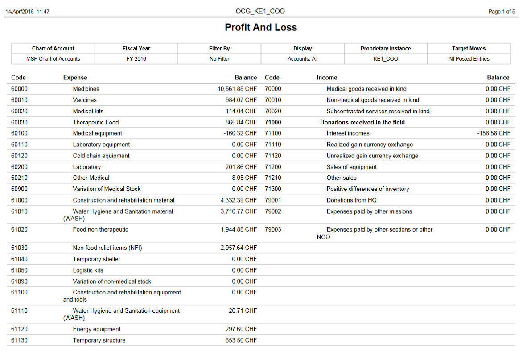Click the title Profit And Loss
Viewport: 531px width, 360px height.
click(x=261, y=28)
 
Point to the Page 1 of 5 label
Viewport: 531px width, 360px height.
click(x=502, y=12)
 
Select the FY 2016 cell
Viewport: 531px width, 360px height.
click(x=136, y=59)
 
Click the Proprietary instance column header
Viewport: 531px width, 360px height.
click(x=386, y=49)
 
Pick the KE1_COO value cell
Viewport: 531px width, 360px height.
click(x=386, y=59)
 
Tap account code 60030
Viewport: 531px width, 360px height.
click(x=19, y=122)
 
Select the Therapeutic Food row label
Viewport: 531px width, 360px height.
click(x=96, y=122)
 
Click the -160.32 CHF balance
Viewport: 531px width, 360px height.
click(x=240, y=133)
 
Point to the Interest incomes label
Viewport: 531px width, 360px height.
click(x=348, y=133)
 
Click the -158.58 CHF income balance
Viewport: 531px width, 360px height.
click(x=494, y=133)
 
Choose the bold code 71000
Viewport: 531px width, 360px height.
click(x=273, y=122)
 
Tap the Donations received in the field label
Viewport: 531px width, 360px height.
click(x=362, y=122)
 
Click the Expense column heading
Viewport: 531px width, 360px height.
click(x=75, y=78)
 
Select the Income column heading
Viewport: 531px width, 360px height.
click(x=327, y=78)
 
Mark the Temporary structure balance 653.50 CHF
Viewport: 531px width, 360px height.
click(x=241, y=340)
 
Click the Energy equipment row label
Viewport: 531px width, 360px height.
click(x=97, y=329)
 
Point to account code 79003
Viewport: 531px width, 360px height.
click(x=273, y=229)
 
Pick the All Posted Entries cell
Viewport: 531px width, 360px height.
click(x=469, y=59)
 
